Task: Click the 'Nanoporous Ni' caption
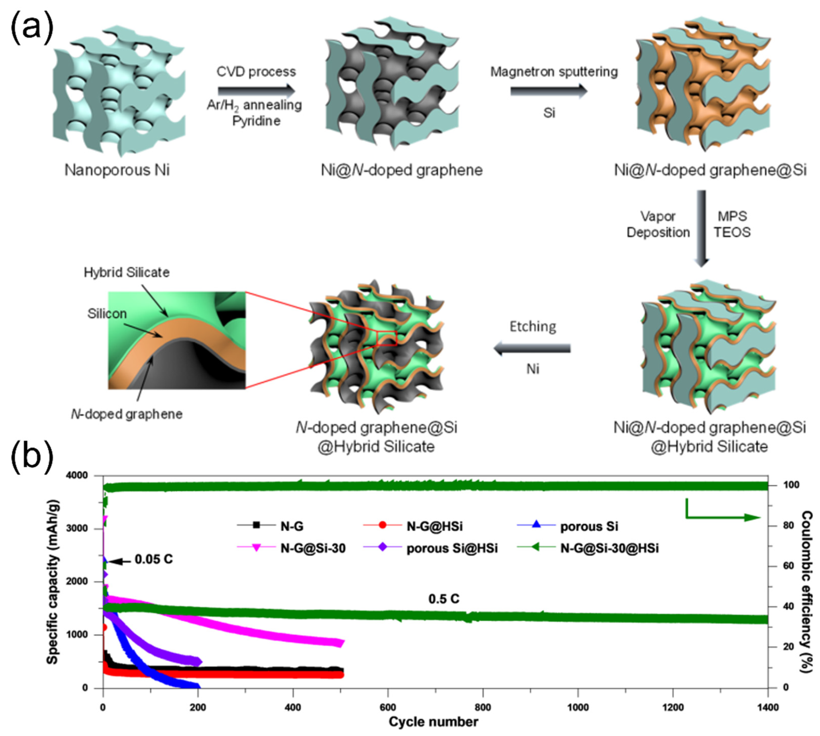point(117,170)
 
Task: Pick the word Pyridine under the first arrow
point(256,121)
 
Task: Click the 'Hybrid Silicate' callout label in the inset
point(127,273)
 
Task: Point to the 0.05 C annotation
point(153,559)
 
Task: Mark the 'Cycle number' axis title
point(433,722)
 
